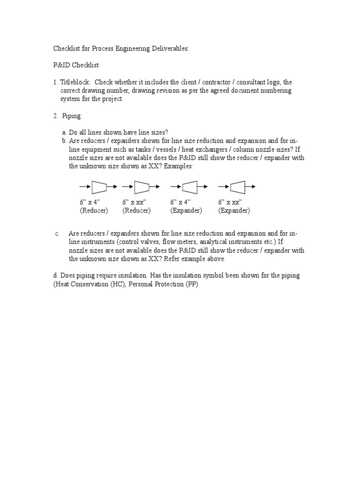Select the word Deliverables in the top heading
[168, 49]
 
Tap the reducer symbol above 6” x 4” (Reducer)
[99, 187]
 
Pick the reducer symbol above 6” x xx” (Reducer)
[142, 187]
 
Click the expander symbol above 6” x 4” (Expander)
[189, 187]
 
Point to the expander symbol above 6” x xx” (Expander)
[237, 187]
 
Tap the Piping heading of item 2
[72, 116]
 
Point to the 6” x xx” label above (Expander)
[230, 202]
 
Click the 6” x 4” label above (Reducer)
[90, 202]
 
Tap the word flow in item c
[169, 242]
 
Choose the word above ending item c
[216, 259]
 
